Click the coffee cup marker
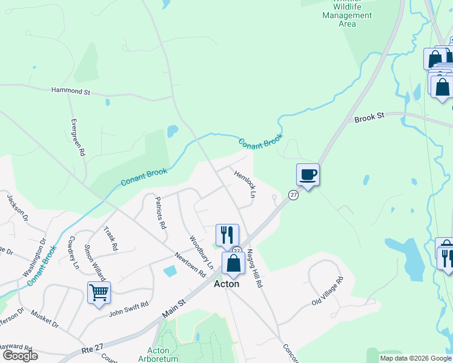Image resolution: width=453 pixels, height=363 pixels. pos(308,175)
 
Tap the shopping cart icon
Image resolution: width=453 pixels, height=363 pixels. pos(99,293)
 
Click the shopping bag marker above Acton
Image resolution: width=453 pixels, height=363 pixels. pos(234,263)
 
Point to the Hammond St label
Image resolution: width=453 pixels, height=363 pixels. pos(70,92)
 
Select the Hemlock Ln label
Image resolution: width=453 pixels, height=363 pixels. pos(245,183)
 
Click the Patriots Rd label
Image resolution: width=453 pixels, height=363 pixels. pos(160,212)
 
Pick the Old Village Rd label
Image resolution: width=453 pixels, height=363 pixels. pos(328,291)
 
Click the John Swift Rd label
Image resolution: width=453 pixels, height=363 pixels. pos(128,309)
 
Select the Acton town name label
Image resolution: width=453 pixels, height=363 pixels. pos(226,284)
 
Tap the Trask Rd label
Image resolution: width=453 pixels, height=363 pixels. pos(110,239)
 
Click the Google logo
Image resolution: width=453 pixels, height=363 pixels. pos(19,355)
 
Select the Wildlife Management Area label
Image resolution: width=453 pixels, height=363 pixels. pos(347,16)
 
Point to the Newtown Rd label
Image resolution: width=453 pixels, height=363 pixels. pos(190,264)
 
